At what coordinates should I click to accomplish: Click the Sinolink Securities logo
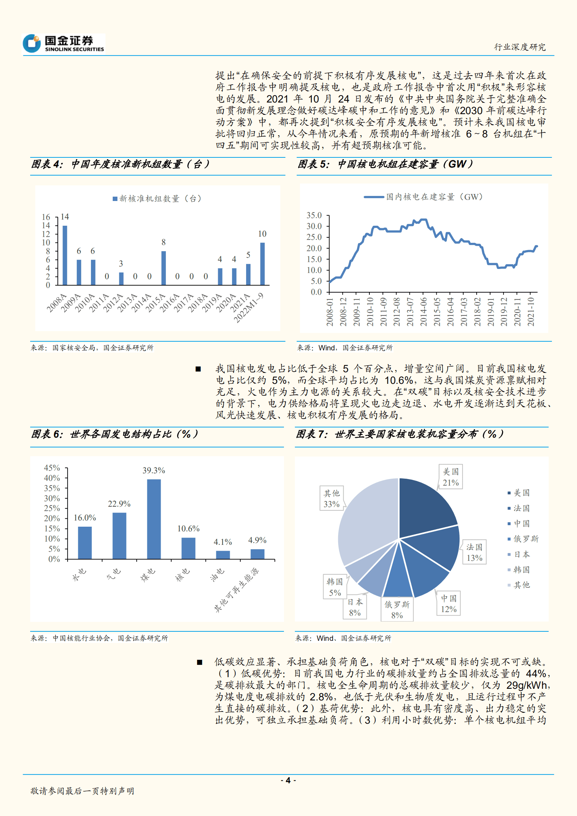(x=64, y=43)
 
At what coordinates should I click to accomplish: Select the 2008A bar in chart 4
(x=65, y=255)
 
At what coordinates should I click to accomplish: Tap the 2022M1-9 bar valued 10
(x=263, y=264)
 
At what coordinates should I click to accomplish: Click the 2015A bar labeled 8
(x=164, y=268)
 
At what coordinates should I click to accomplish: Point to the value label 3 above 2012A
(x=121, y=264)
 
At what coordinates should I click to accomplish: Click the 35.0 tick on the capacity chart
(x=314, y=215)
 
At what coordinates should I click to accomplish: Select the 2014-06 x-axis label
(x=423, y=311)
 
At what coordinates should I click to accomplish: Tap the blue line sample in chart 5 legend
(x=374, y=197)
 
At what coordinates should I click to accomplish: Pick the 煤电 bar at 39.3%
(x=154, y=519)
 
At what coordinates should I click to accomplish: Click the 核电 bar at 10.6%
(x=188, y=548)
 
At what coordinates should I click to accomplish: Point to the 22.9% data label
(x=119, y=504)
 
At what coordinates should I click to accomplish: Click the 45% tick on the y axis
(x=52, y=467)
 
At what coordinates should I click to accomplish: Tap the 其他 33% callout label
(x=332, y=499)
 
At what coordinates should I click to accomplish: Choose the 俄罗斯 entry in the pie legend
(x=526, y=539)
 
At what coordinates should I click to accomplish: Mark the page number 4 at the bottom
(x=288, y=780)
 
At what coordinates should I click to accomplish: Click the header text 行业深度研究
(x=520, y=47)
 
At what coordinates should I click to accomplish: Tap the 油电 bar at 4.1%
(x=223, y=555)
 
